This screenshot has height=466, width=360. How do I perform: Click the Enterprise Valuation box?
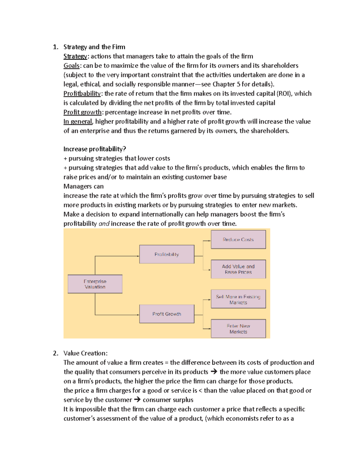coord(95,284)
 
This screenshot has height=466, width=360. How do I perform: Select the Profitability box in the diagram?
coord(166,254)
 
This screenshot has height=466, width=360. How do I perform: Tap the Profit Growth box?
coord(166,314)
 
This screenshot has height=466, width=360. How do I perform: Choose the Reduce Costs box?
coord(238,239)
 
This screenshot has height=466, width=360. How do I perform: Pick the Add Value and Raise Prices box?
coord(238,269)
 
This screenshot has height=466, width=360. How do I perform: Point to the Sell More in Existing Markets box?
coord(238,299)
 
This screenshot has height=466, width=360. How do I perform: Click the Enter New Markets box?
coord(238,329)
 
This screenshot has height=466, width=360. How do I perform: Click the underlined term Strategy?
coord(75,56)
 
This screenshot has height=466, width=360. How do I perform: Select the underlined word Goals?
coord(71,66)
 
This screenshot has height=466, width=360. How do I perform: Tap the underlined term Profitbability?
coord(82,94)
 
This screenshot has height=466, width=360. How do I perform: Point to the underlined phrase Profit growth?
coord(82,112)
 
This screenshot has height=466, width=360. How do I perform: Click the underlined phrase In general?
coord(78,122)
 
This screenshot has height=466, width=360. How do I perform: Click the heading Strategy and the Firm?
coord(94,47)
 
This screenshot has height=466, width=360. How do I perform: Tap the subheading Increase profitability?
coord(94,149)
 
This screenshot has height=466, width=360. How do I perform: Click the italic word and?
coord(104,224)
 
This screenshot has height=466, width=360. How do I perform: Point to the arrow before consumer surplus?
coord(137,400)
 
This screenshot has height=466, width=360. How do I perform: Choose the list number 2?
coord(55,353)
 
